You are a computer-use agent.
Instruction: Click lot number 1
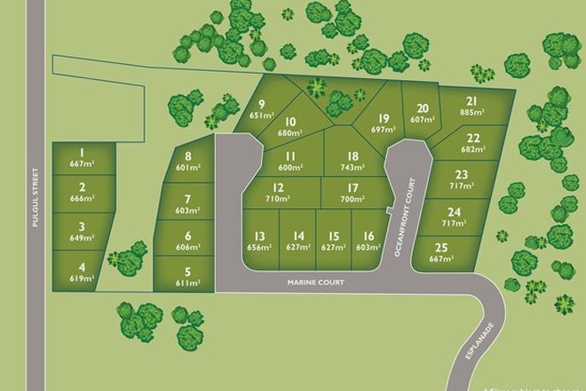pos(82,153)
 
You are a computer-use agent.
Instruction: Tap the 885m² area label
pos(472,112)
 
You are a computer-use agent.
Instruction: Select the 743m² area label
pos(352,167)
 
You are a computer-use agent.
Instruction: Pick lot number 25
pos(441,248)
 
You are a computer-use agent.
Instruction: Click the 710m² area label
pos(278,199)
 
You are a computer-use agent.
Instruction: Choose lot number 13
pos(260,235)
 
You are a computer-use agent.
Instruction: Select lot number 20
pos(423,108)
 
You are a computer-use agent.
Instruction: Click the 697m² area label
pos(383,130)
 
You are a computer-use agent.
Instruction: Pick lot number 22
pos(473,138)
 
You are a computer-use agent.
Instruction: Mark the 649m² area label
pos(82,238)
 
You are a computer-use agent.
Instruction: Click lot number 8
pos(188,156)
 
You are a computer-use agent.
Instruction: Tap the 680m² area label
pos(290,133)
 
